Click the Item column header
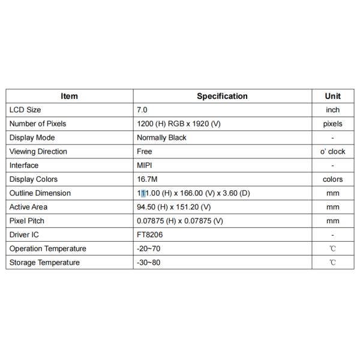coord(70,96)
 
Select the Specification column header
coord(222,96)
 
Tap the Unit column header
coord(332,96)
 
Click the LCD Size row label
coord(25,110)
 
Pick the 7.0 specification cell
coord(142,110)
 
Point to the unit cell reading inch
coord(332,110)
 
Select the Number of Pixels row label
coord(38,124)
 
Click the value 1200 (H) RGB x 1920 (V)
coord(179,124)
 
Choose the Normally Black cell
coord(161,137)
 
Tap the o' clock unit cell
coord(332,151)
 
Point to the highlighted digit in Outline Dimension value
coord(143,193)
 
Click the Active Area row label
coord(29,206)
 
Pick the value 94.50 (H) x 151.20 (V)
coord(174,206)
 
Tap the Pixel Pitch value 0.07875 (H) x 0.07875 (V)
coord(180,220)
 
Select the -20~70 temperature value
coord(149,248)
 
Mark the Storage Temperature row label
coord(44,262)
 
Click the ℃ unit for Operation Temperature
coord(332,248)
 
